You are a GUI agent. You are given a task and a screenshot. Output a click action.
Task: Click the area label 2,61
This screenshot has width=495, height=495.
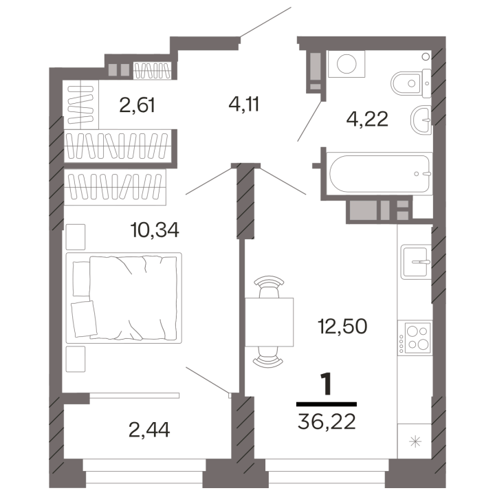pyautogui.click(x=137, y=105)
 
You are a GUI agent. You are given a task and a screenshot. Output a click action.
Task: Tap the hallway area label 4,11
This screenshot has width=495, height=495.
pyautogui.click(x=243, y=104)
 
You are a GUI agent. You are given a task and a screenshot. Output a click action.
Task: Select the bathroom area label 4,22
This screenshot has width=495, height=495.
pyautogui.click(x=367, y=120)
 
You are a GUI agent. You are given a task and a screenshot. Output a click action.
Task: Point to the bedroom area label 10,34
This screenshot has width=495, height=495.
pyautogui.click(x=155, y=230)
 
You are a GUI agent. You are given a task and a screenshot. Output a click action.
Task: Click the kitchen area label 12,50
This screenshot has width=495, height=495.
pyautogui.click(x=342, y=326)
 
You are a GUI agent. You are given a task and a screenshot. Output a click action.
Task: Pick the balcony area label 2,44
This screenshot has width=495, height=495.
pyautogui.click(x=149, y=430)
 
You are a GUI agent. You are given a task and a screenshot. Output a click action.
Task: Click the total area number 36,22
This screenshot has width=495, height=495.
pyautogui.click(x=327, y=421)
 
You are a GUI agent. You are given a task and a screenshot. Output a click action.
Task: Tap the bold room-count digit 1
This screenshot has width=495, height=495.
pyautogui.click(x=327, y=384)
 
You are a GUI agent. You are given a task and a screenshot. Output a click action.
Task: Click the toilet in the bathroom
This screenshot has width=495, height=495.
pyautogui.click(x=410, y=83)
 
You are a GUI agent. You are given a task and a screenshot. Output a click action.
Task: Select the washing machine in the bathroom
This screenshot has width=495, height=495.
pyautogui.click(x=346, y=64)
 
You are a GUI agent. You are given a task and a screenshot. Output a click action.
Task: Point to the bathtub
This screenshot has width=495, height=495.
pyautogui.click(x=379, y=174)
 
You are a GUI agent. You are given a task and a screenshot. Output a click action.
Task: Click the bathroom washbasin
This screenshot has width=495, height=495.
pyautogui.click(x=421, y=120)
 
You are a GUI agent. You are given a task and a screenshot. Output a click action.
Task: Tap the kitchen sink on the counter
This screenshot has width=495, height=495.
pyautogui.click(x=416, y=262)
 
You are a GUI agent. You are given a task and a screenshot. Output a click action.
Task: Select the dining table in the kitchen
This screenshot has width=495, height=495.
pyautogui.click(x=269, y=322)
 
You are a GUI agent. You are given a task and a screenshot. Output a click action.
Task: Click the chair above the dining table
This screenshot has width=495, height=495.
pyautogui.click(x=269, y=287)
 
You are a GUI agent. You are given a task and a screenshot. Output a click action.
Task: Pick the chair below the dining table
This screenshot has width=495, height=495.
pyautogui.click(x=269, y=357)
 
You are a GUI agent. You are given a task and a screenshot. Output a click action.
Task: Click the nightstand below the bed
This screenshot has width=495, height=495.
pyautogui.click(x=76, y=359)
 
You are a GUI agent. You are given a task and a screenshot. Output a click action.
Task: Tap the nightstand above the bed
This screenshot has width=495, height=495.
pyautogui.click(x=76, y=236)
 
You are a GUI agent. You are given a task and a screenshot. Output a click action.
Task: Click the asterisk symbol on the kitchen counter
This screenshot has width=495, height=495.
pyautogui.click(x=415, y=441)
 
